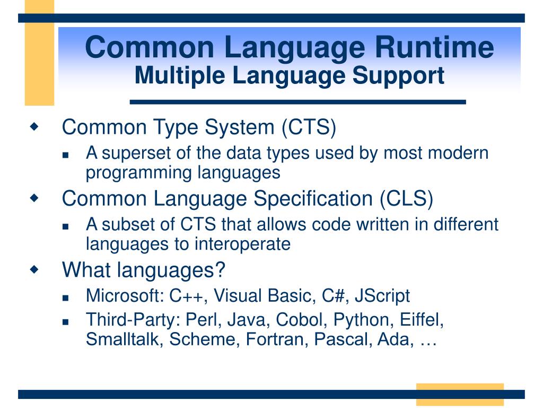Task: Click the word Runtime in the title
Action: coord(435,47)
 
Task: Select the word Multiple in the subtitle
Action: coord(180,76)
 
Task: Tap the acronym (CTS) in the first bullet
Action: coord(309,127)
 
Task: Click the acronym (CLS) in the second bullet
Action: coord(406,199)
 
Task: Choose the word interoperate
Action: coord(242,244)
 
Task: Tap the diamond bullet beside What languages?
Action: coord(34,269)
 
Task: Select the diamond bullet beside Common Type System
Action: coord(34,126)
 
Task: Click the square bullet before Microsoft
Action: coord(66,297)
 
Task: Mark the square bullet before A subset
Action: coord(66,226)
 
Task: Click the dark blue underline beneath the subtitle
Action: coord(298,102)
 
